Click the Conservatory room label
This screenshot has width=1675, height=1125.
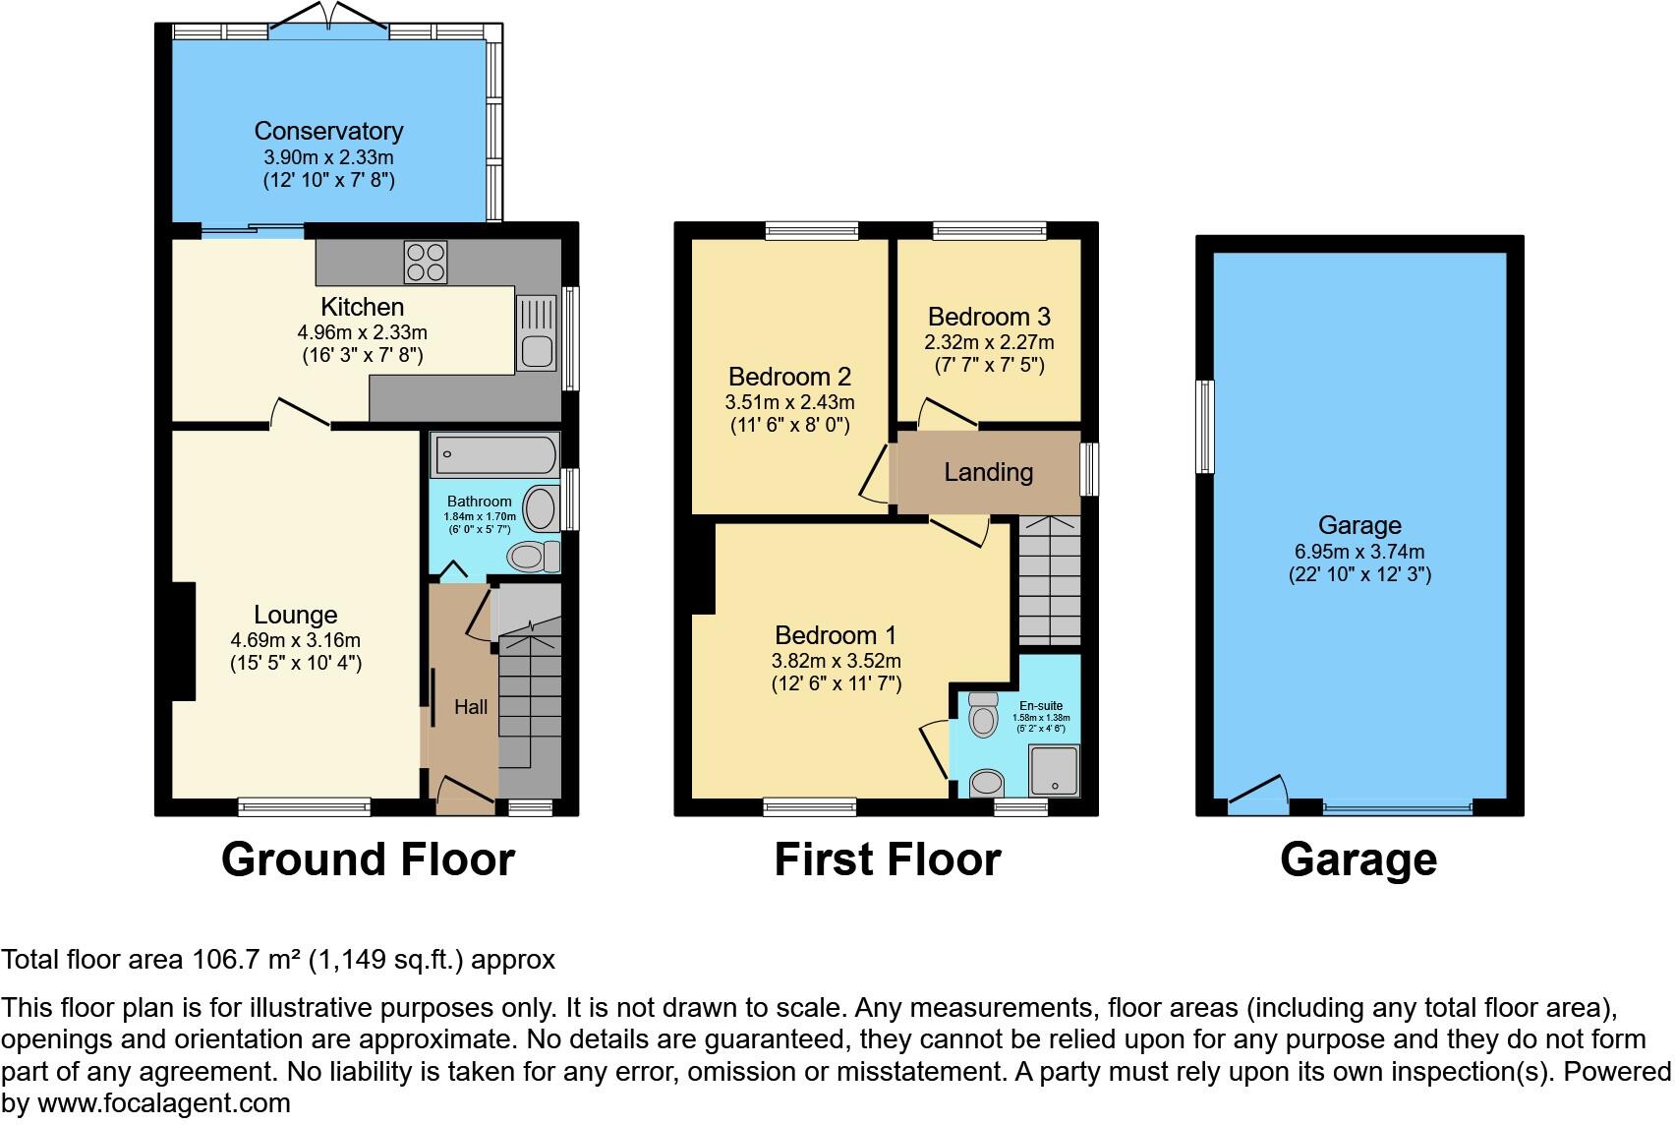click(x=328, y=131)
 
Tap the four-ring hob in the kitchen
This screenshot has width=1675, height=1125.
click(x=425, y=262)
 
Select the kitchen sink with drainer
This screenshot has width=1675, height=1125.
click(x=536, y=334)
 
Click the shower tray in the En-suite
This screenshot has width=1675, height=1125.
click(x=1054, y=770)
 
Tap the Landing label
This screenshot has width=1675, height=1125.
click(x=988, y=472)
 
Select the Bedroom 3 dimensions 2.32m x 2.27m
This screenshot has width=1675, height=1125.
click(x=988, y=342)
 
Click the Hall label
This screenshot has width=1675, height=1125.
click(x=470, y=707)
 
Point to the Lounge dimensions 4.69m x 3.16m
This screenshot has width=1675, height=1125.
click(x=295, y=640)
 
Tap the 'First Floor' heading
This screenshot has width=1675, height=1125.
click(x=887, y=859)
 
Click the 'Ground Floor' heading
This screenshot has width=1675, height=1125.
click(x=368, y=859)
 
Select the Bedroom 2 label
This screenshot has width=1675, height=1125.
click(x=789, y=377)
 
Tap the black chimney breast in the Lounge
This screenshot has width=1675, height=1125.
click(x=183, y=641)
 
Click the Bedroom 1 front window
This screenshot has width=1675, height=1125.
click(x=810, y=808)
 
